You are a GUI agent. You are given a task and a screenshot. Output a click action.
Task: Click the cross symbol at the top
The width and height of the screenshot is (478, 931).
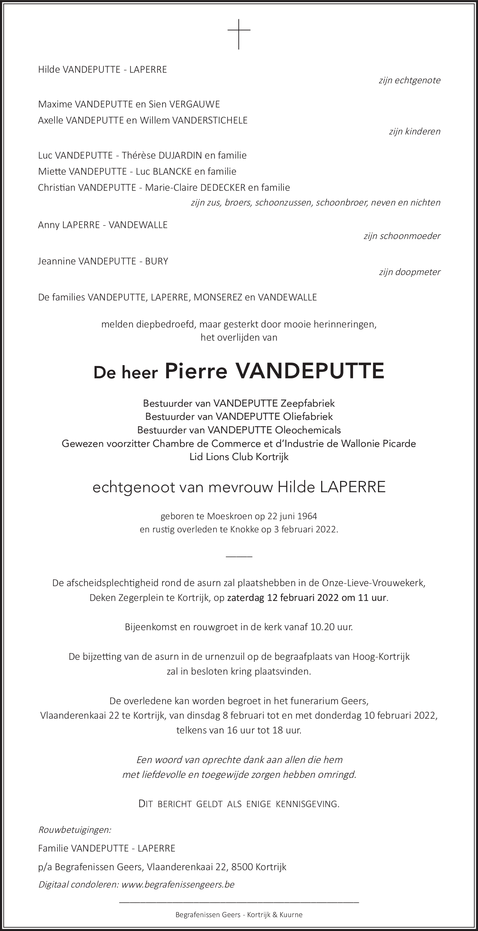[239, 34]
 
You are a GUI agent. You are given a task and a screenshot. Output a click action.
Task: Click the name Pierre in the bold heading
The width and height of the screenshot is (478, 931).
[196, 371]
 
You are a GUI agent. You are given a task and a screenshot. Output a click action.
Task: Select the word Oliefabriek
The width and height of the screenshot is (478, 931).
[308, 417]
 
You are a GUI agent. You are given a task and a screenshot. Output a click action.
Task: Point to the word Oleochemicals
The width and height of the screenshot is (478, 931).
[308, 430]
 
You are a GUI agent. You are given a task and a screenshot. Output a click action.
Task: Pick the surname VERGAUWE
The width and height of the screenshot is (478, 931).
[195, 105]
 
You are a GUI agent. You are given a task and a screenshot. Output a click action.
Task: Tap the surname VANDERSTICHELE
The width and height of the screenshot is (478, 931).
[210, 120]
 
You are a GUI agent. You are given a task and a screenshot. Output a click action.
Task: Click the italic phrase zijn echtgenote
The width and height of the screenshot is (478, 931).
[409, 80]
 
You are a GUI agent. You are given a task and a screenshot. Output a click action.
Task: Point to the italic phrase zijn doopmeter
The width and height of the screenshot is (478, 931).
[409, 272]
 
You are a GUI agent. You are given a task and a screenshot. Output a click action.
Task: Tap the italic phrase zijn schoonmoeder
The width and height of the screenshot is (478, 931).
[402, 236]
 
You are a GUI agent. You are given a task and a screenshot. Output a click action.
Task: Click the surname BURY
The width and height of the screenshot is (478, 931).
[157, 261]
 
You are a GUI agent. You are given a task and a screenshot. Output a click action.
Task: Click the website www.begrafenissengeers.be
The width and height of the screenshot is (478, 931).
[178, 884]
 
